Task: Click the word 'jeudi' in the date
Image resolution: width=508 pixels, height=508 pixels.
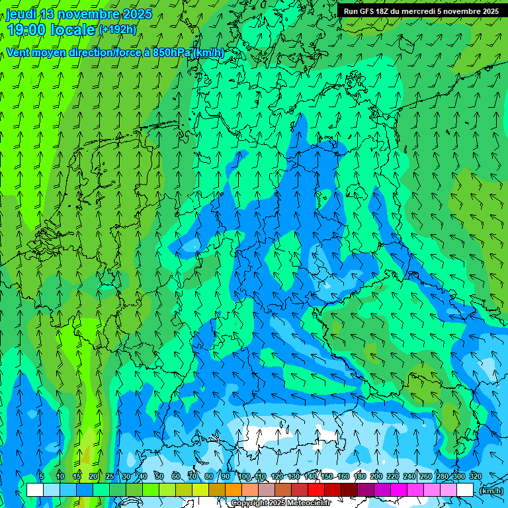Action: click(x=21, y=14)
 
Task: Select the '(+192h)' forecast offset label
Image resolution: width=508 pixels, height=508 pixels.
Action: click(x=117, y=30)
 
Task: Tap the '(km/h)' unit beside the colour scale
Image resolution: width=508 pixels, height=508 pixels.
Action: click(x=490, y=491)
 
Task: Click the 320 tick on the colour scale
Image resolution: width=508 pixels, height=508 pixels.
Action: click(x=475, y=477)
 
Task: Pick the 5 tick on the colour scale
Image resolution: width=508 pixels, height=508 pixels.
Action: click(x=42, y=477)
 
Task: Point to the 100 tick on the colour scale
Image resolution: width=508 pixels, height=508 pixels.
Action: click(x=244, y=477)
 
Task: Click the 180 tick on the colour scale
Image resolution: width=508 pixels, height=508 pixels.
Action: click(x=360, y=477)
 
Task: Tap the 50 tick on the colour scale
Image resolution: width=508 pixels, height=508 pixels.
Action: click(x=159, y=477)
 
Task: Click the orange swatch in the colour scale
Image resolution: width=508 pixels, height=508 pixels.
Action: click(x=233, y=490)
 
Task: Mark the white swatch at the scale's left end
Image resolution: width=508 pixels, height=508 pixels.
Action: click(x=34, y=490)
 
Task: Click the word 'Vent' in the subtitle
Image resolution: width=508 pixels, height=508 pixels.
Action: click(x=19, y=53)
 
